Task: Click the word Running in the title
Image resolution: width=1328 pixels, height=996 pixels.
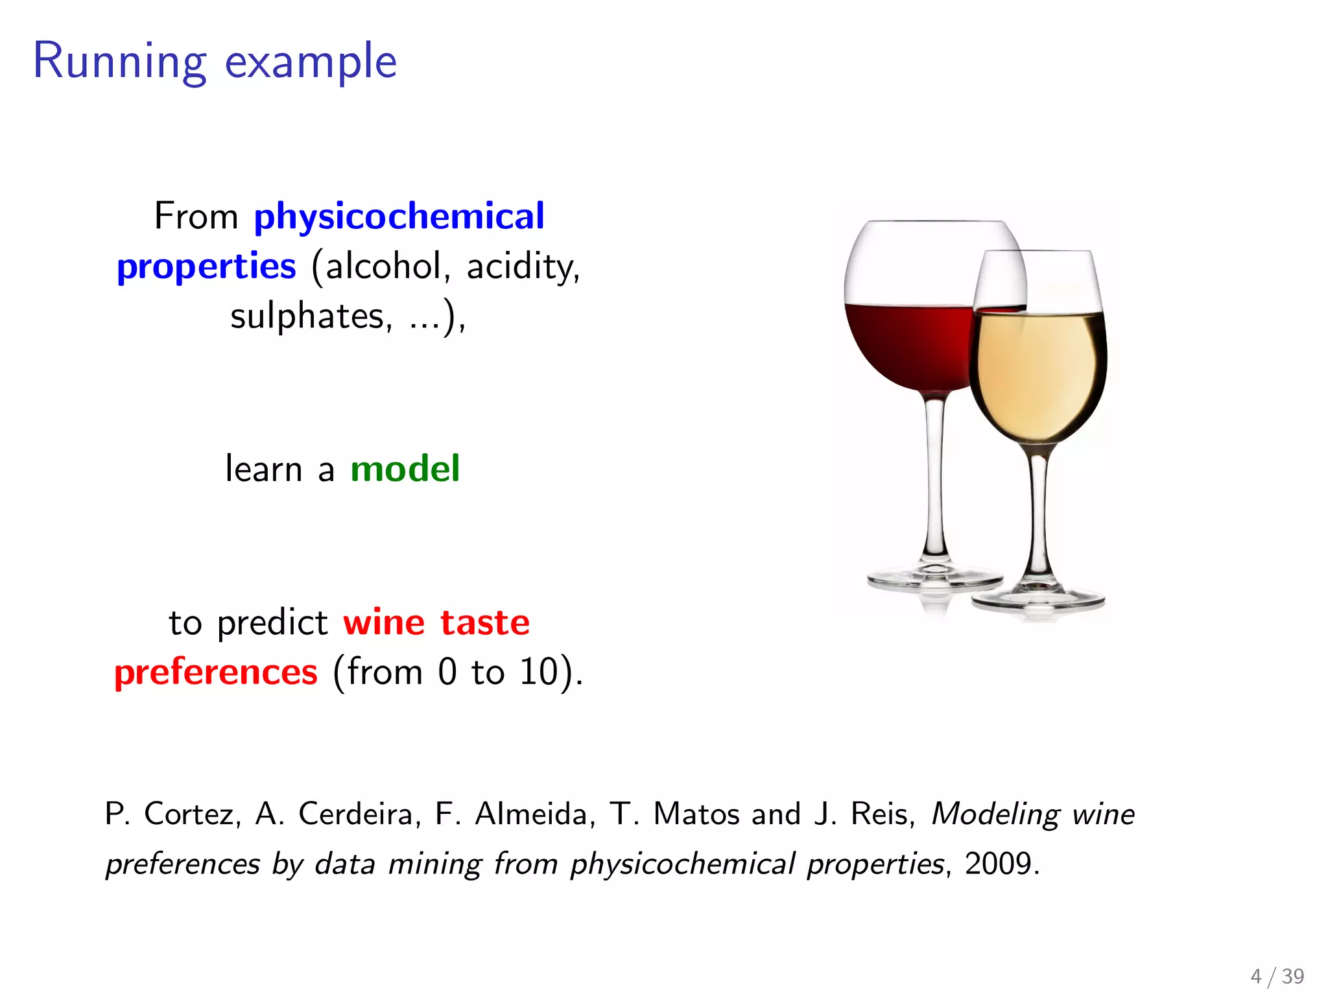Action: pyautogui.click(x=119, y=62)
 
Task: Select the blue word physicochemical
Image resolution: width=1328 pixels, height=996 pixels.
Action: pyautogui.click(x=399, y=217)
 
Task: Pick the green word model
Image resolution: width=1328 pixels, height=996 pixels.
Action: pyautogui.click(x=405, y=469)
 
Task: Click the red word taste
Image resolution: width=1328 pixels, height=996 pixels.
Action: pyautogui.click(x=484, y=622)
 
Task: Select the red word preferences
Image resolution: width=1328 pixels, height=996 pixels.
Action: pyautogui.click(x=216, y=672)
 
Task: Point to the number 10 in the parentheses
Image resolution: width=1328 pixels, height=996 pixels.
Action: pyautogui.click(x=538, y=672)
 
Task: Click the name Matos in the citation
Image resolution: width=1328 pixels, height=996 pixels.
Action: pyautogui.click(x=694, y=814)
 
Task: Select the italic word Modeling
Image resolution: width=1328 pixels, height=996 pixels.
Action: pyautogui.click(x=995, y=814)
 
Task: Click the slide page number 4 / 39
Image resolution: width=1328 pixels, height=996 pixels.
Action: pyautogui.click(x=1277, y=976)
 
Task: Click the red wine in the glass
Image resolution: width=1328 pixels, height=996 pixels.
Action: pyautogui.click(x=908, y=344)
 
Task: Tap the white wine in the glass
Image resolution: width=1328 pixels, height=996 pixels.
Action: pyautogui.click(x=1037, y=376)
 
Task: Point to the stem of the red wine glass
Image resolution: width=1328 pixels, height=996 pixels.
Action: pyautogui.click(x=934, y=480)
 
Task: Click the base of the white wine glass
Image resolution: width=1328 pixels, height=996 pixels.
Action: pyautogui.click(x=1037, y=599)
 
